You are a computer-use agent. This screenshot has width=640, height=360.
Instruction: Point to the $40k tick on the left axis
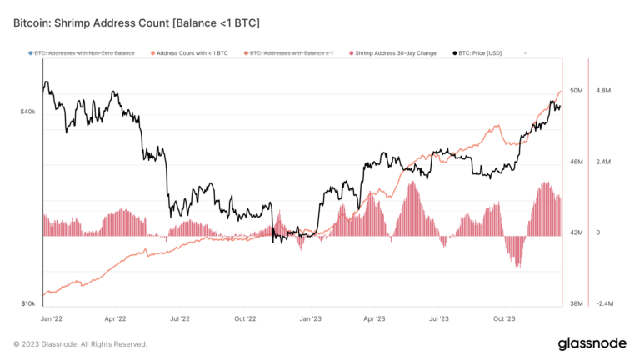coord(27,112)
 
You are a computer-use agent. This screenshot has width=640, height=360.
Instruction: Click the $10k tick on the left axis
coord(27,304)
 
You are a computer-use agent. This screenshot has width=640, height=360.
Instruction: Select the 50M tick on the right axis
coord(576,90)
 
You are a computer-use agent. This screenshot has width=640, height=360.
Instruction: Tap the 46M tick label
coord(576,162)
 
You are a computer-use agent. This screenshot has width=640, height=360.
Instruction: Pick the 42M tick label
coord(576,233)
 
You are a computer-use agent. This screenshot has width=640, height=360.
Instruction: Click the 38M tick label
coord(576,304)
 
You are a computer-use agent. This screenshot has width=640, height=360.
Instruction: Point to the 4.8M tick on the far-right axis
coord(603,90)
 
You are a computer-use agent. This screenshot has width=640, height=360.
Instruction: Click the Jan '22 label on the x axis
coord(52,318)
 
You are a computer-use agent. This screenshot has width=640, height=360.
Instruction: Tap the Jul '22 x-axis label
coord(180,318)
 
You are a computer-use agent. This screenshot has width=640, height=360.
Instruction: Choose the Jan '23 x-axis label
coord(310,318)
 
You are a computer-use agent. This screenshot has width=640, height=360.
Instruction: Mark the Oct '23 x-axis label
coord(505,318)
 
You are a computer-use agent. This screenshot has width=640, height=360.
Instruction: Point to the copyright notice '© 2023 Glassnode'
coord(80,343)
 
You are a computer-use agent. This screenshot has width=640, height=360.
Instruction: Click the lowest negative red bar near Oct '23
coord(518,265)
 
